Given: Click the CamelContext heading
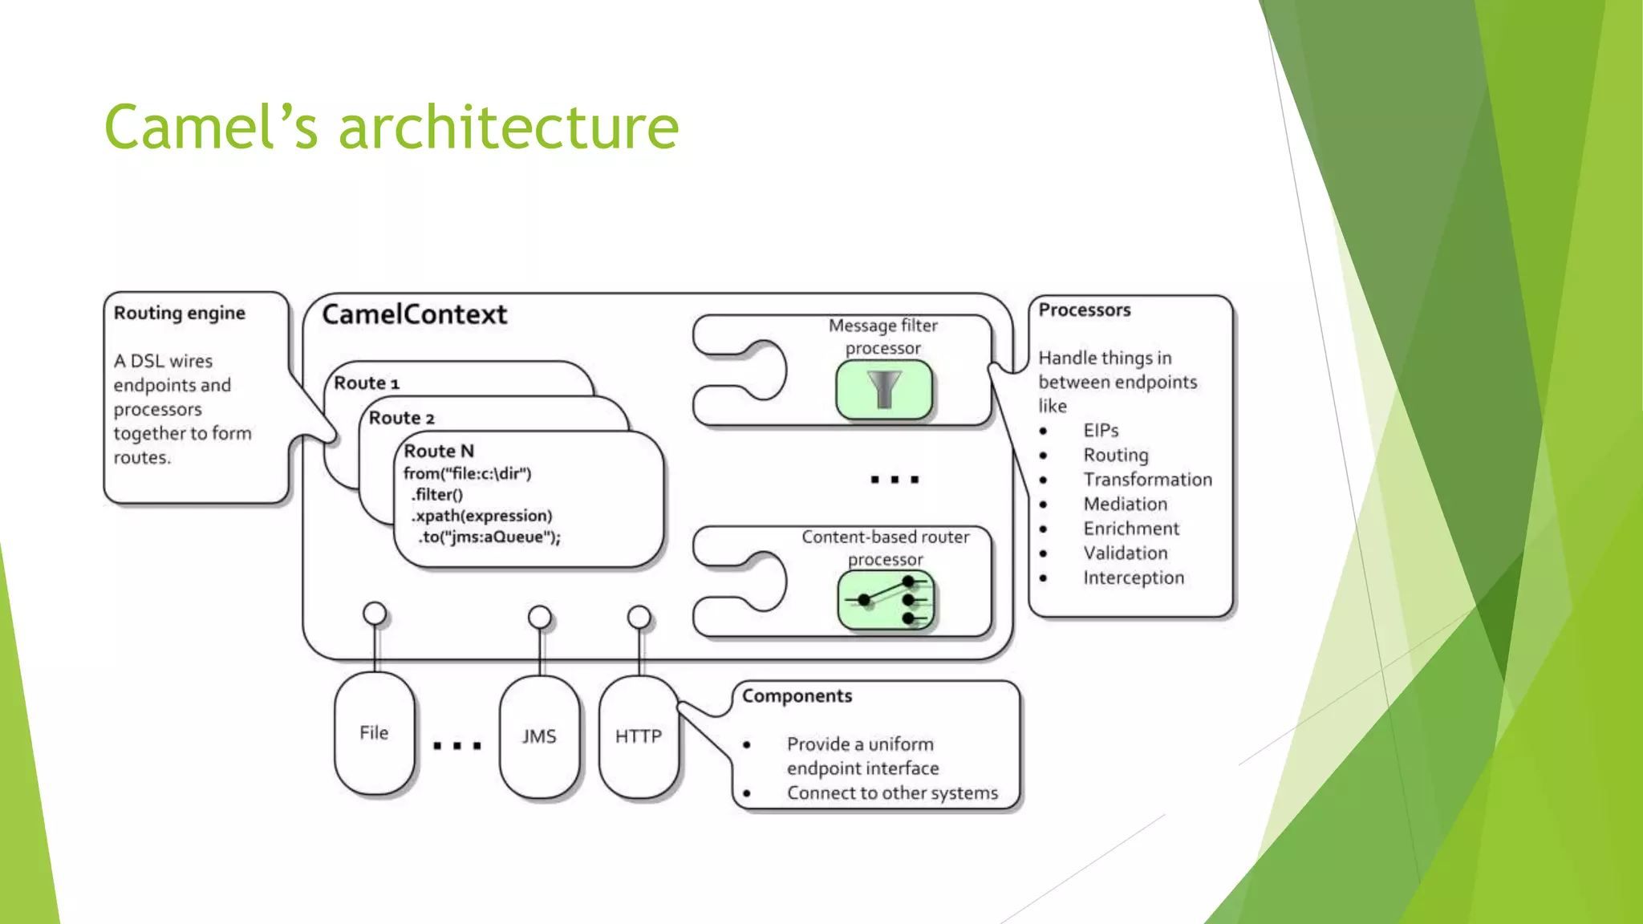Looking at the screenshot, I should coord(414,314).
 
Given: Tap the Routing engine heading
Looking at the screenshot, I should coord(179,313).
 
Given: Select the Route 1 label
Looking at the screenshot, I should coord(366,383).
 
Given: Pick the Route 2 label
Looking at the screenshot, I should coord(401,418).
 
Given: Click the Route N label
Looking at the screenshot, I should coord(439,451).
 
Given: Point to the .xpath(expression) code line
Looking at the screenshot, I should coord(481,516).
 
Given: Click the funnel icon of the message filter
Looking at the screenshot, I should coord(883,390).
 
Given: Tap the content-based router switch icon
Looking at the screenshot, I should coord(886,599).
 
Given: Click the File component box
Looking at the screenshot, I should coord(374,733).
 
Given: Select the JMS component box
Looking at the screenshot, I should coord(539,736).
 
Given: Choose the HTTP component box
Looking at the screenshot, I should coord(639,736).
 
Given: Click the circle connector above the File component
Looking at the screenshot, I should coord(375,614).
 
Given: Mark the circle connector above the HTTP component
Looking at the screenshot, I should coord(639,617).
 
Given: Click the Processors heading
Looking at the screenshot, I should coord(1084,310).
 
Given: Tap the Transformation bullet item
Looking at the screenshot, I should coord(1147,480).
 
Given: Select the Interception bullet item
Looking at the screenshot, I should coord(1133,577).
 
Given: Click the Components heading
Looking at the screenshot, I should coord(797,695).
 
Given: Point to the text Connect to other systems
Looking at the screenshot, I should coord(892,792).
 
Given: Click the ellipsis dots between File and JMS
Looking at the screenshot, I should coord(456,746).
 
